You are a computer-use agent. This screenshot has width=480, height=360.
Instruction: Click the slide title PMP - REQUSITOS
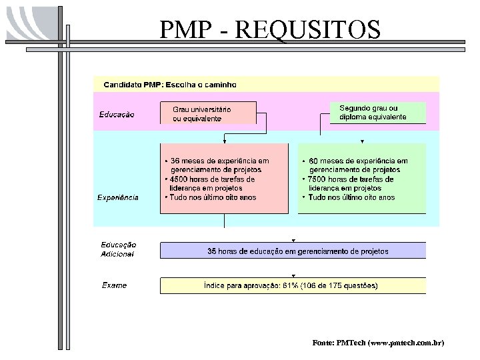270,30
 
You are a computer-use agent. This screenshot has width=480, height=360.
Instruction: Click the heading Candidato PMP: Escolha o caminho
169,85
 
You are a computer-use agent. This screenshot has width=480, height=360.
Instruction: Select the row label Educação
117,114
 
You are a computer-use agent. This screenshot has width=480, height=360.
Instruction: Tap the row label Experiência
118,197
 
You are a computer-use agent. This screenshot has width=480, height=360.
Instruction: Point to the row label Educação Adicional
119,249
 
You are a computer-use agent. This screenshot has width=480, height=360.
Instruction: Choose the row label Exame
114,285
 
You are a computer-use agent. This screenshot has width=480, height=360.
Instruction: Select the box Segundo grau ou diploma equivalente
377,112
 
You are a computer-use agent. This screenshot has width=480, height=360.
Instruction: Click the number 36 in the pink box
175,161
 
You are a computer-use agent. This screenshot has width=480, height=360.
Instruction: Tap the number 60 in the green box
314,161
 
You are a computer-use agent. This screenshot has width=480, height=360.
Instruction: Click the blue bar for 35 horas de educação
293,251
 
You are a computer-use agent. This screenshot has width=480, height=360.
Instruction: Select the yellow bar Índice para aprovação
293,286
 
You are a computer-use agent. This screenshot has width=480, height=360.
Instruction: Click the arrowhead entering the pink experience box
225,141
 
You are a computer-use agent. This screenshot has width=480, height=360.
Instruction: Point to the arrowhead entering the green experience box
362,141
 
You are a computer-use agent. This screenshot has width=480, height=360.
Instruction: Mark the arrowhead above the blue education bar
293,240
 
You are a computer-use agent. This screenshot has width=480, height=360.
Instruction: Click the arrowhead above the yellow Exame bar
293,275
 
